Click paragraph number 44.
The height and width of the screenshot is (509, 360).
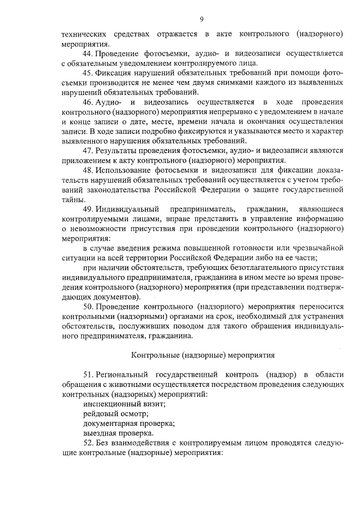(x=88, y=53)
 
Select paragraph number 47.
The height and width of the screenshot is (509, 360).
(x=88, y=151)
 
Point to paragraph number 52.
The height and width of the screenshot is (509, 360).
(x=88, y=443)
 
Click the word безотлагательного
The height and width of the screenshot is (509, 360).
(x=239, y=268)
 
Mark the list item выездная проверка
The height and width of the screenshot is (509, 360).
(x=118, y=434)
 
